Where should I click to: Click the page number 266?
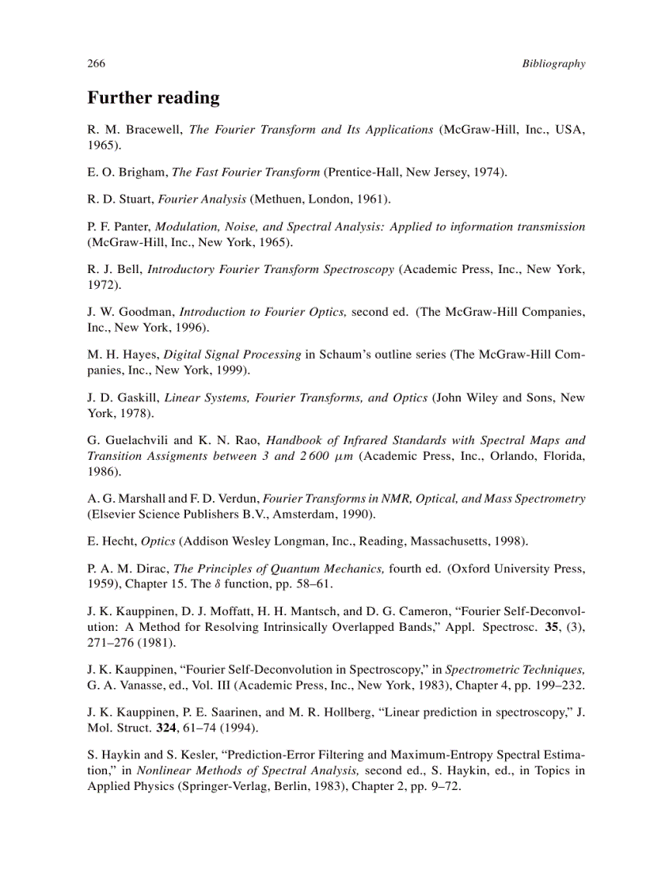coord(96,64)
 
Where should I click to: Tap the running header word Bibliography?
coord(553,64)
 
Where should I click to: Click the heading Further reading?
coord(153,98)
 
